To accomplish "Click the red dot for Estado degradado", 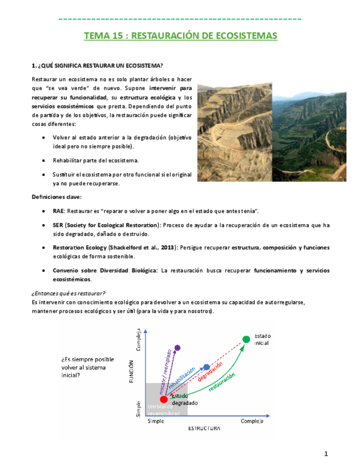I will (x=163, y=399).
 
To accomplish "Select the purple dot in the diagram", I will (x=177, y=347).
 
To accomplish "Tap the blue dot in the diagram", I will (x=206, y=367).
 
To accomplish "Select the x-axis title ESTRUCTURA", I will (x=204, y=428).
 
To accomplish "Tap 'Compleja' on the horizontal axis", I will (x=252, y=421).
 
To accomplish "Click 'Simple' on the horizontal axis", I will (x=156, y=421).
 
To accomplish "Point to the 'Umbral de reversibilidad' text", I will (x=163, y=409).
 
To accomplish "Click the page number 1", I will (x=326, y=454).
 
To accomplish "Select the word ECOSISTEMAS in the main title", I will (x=246, y=36).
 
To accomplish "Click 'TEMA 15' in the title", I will (x=102, y=36).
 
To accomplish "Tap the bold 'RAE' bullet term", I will (x=58, y=211).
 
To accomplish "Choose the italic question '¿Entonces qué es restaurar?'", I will (x=69, y=292).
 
